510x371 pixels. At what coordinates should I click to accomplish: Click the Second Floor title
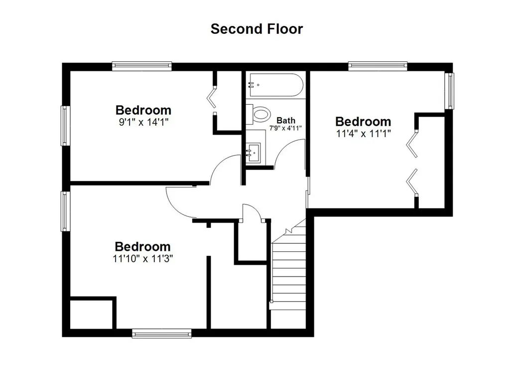[256, 28]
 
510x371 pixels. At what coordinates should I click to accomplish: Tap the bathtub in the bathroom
[276, 85]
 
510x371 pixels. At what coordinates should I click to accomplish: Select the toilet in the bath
[258, 114]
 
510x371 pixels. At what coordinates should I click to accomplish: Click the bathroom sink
[254, 153]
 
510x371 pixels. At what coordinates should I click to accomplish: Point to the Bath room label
[286, 120]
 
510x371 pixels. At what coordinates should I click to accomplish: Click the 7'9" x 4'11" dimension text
[285, 128]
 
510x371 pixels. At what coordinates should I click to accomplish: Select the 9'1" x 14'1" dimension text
[143, 122]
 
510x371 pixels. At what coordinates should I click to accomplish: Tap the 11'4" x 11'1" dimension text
[363, 133]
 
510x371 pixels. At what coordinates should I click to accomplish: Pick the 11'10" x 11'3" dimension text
[143, 259]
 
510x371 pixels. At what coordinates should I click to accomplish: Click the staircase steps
[289, 274]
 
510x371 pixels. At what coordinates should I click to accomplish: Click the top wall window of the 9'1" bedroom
[142, 66]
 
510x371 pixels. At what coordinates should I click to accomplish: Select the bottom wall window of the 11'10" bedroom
[162, 333]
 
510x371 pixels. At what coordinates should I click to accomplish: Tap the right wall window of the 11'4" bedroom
[449, 91]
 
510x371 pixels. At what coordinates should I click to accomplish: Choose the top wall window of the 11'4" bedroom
[378, 66]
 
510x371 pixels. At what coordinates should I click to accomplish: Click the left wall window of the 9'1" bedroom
[65, 125]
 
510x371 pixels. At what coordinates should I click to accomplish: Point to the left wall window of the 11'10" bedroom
[65, 211]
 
